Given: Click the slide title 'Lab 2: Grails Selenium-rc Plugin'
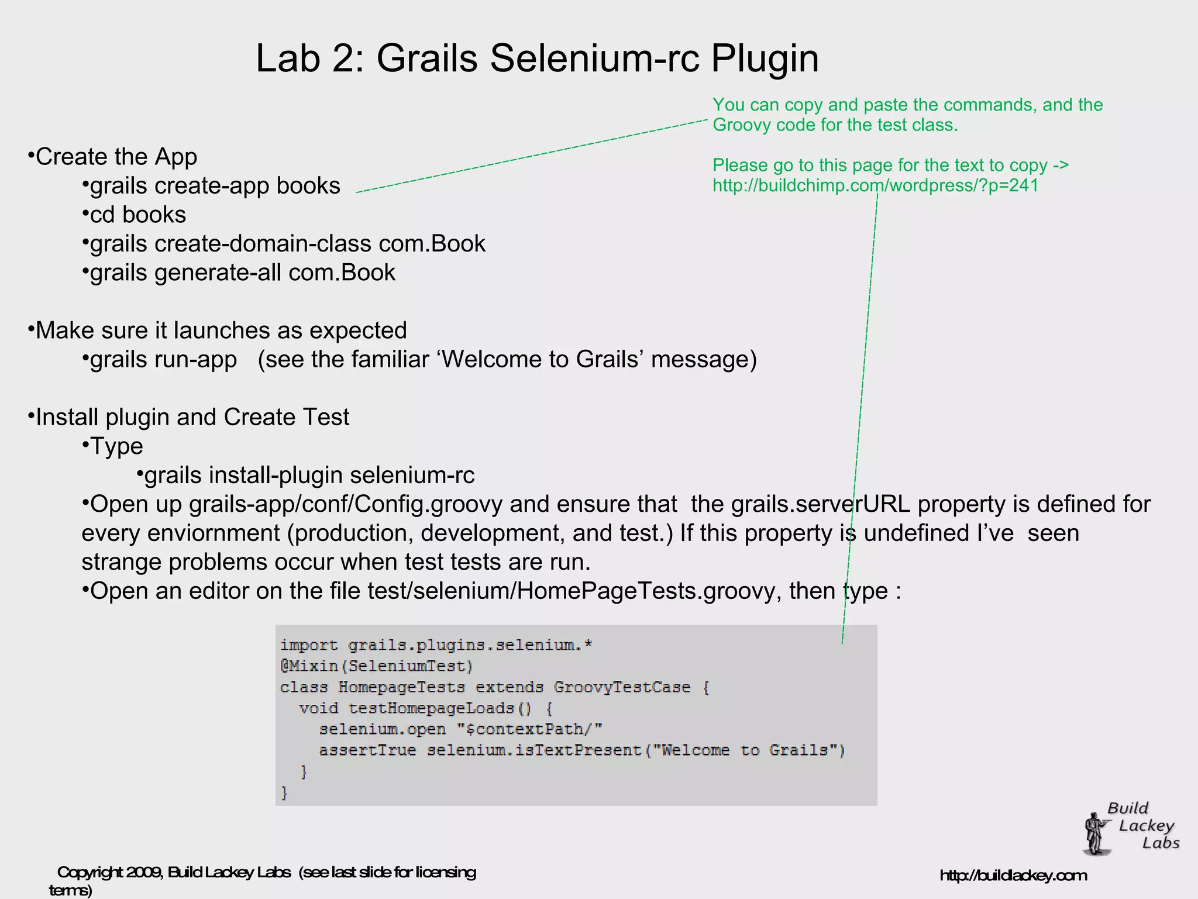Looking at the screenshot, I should pos(537,58).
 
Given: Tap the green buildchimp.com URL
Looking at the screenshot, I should pos(875,185).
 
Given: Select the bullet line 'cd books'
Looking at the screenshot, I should pos(137,215).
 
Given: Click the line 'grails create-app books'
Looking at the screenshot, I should pos(215,186).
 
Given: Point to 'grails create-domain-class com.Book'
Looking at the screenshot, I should pos(287,244).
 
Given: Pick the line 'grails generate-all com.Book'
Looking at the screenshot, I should pos(242,273).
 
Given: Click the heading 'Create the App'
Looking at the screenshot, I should pos(116,157).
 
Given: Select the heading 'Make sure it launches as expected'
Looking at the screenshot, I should pos(221,330).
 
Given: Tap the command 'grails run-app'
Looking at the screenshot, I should pos(163,359).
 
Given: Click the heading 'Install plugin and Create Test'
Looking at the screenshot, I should pos(192,417).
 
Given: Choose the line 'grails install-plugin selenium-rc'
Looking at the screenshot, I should pos(309,475).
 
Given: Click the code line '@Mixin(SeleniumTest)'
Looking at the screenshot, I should pos(376,666).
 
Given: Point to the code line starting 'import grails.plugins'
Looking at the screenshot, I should pos(436,645).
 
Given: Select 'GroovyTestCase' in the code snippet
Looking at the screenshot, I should pos(622,687).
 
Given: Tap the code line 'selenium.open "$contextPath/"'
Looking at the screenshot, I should pos(460,729).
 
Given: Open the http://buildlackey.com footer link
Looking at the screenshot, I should pos(1013,876).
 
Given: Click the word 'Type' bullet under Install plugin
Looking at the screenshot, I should pos(116,446).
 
